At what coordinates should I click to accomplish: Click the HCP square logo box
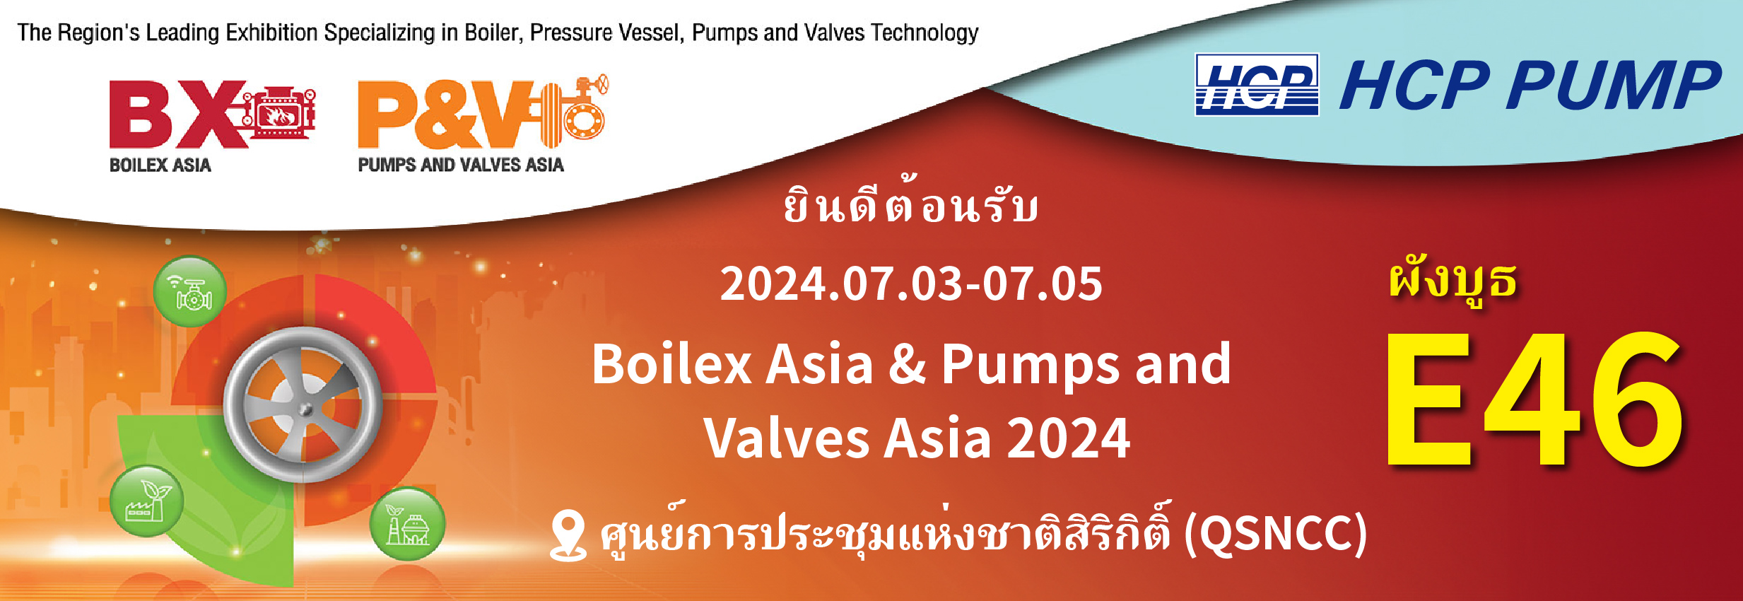point(1256,85)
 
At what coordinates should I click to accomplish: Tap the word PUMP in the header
point(1614,86)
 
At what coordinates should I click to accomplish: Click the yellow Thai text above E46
point(1452,281)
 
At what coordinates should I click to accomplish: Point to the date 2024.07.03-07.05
point(911,284)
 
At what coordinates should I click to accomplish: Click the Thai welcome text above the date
point(911,204)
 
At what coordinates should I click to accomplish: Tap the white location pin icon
point(568,535)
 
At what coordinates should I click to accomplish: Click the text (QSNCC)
point(1275,534)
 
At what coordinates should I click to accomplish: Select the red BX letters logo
point(177,113)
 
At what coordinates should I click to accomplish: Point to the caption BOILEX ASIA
point(160,165)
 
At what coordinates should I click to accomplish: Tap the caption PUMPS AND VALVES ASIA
point(461,165)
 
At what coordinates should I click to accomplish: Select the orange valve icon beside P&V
point(576,110)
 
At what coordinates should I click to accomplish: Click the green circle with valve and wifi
point(190,291)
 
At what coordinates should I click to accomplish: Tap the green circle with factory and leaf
point(147,501)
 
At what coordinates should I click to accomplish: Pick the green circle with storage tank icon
point(408,524)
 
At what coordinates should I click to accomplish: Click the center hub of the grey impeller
point(305,408)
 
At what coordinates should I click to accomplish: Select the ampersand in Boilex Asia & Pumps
point(907,365)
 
